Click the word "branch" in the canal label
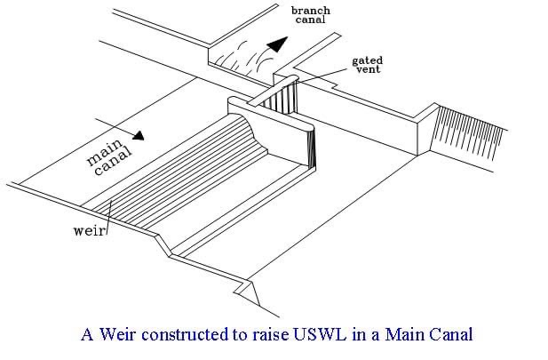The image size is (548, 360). click(311, 10)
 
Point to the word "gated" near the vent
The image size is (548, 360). click(367, 60)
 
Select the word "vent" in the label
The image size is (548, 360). click(367, 71)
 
